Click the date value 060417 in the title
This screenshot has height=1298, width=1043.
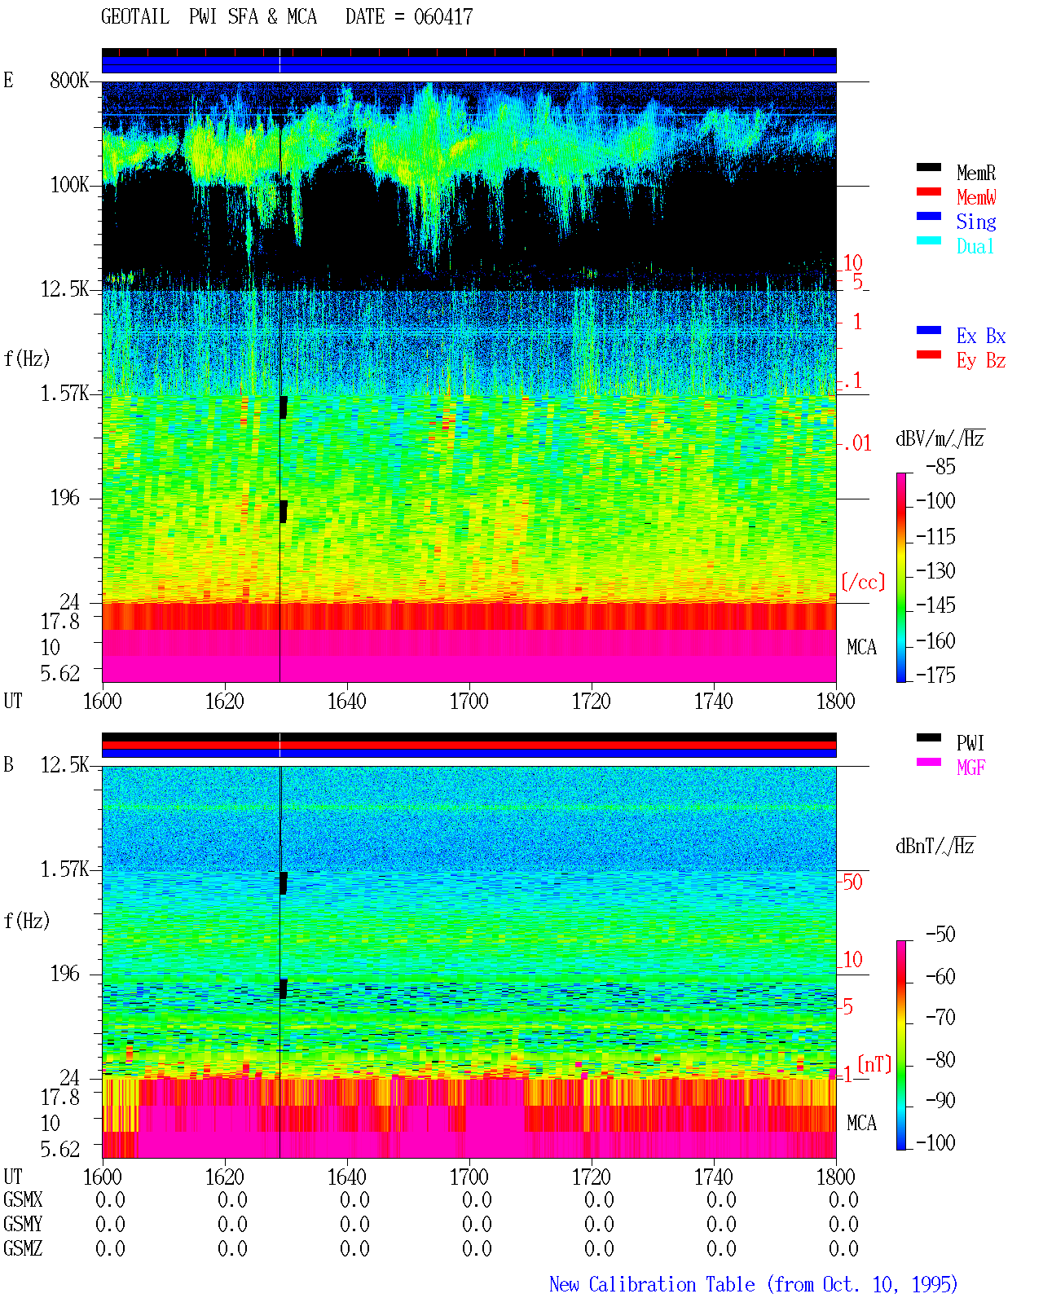(x=442, y=17)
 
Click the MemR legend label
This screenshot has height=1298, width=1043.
(x=975, y=173)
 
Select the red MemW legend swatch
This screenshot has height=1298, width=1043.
(x=928, y=191)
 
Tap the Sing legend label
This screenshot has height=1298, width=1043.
(x=975, y=222)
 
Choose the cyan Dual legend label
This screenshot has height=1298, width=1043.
(x=975, y=246)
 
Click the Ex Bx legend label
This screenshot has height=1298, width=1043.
(x=980, y=336)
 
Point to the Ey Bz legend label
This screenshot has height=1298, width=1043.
(x=980, y=361)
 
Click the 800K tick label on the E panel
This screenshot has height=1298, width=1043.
(x=69, y=80)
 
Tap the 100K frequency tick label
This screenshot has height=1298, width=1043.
(x=69, y=185)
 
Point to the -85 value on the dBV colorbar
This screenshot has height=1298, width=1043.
(x=940, y=466)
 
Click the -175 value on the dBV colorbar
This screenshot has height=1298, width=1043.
(x=935, y=675)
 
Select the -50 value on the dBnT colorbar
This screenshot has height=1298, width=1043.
(x=940, y=935)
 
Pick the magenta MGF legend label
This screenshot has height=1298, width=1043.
(x=970, y=768)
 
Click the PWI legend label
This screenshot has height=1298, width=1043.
(x=970, y=743)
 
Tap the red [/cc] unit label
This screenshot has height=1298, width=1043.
(x=863, y=582)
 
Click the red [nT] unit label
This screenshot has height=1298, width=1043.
(x=874, y=1064)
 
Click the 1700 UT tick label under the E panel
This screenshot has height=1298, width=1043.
(x=469, y=702)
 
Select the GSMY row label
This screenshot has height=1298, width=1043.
(x=23, y=1225)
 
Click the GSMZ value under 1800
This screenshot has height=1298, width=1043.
(x=843, y=1248)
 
